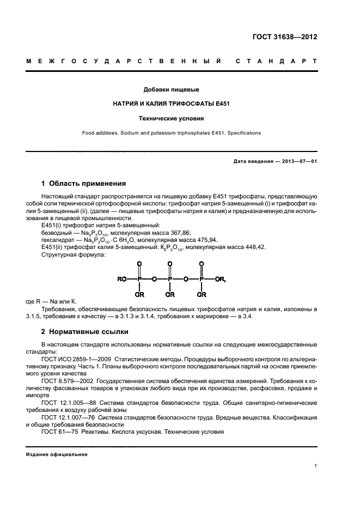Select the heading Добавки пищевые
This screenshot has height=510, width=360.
tap(170, 89)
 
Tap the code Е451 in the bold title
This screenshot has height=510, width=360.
tap(220, 103)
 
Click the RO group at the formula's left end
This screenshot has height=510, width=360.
tap(122, 280)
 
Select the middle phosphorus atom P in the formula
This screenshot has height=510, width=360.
tap(170, 280)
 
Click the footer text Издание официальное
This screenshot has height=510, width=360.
tap(57, 454)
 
